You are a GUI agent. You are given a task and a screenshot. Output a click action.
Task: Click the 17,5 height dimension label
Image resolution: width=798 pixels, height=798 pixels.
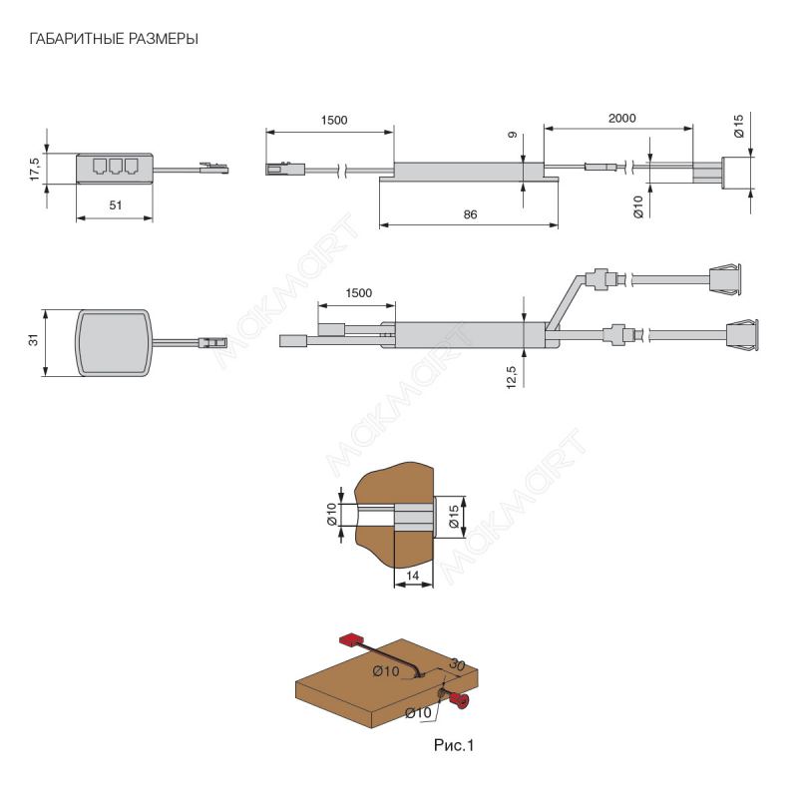(x=34, y=168)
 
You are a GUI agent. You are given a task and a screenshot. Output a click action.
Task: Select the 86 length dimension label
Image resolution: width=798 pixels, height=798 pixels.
(x=470, y=214)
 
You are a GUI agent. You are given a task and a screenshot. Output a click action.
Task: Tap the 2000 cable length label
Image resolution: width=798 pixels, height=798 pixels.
(x=621, y=118)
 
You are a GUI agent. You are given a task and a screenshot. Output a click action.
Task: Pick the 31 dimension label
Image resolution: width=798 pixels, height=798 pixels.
(x=34, y=341)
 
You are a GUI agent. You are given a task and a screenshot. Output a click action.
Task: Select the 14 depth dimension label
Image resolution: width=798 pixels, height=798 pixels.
(x=413, y=576)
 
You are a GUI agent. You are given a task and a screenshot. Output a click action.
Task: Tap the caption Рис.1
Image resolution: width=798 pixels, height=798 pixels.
(x=446, y=744)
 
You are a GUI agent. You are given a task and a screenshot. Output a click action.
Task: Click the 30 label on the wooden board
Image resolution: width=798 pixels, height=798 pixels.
(x=458, y=663)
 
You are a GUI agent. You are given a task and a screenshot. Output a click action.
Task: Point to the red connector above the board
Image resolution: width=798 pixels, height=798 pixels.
(x=351, y=638)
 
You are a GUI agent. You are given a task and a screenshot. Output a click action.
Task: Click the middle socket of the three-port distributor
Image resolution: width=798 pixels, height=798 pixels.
(x=115, y=167)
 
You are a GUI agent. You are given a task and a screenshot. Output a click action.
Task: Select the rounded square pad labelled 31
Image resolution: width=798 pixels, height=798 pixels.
(x=115, y=341)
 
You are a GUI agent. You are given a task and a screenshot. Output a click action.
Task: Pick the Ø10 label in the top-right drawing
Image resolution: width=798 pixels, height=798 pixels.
(x=638, y=206)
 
